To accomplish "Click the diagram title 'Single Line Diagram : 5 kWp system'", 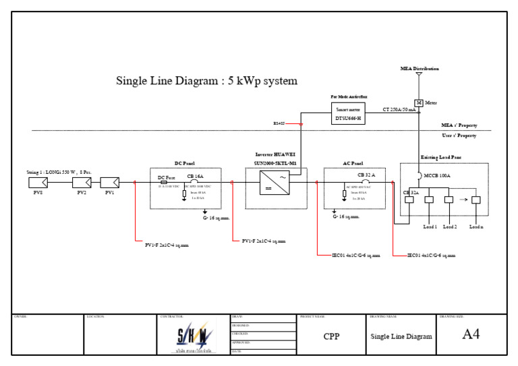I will (x=207, y=82).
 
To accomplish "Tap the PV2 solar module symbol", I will (x=82, y=182).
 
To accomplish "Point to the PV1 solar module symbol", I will (x=109, y=182).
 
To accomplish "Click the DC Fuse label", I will (x=166, y=177).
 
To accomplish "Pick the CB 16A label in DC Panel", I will (x=194, y=175).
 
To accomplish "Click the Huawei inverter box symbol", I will (x=275, y=182).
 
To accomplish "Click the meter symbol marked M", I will (x=419, y=102).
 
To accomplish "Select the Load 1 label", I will (x=430, y=226).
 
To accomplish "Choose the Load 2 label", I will (x=450, y=226).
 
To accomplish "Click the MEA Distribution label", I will (x=419, y=69).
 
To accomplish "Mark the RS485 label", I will (x=279, y=124).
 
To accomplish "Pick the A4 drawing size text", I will (x=471, y=334).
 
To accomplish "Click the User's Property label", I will (x=459, y=135).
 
